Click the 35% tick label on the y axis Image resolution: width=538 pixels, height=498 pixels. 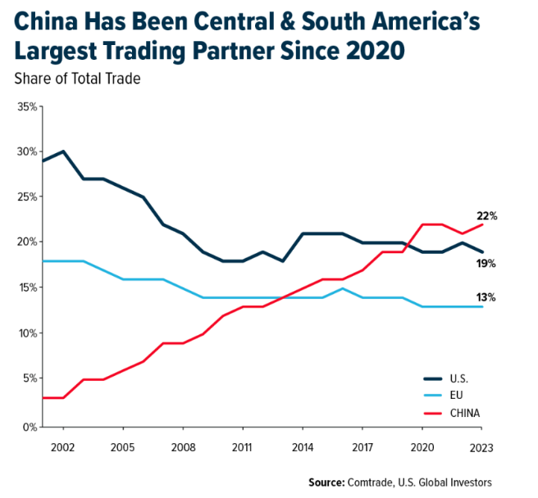coord(26,107)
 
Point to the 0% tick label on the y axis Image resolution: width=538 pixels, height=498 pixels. coord(30,427)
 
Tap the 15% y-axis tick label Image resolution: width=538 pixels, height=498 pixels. coord(26,288)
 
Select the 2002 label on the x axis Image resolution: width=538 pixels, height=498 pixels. coord(63,447)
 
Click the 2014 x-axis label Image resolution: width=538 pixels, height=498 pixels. coord(302,447)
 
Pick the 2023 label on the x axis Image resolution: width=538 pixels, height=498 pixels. coord(482,447)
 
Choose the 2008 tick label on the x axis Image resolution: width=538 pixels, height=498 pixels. coord(182,447)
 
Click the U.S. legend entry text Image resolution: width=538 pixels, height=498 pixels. coord(458,378)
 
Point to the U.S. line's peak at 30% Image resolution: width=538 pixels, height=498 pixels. coord(63,152)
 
